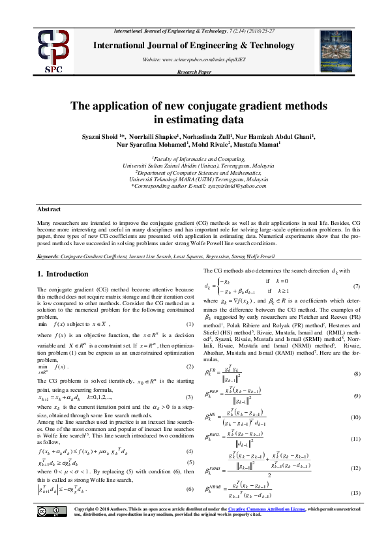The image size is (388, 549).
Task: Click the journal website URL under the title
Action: tap(196, 59)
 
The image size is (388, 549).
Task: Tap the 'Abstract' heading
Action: tap(50, 210)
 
